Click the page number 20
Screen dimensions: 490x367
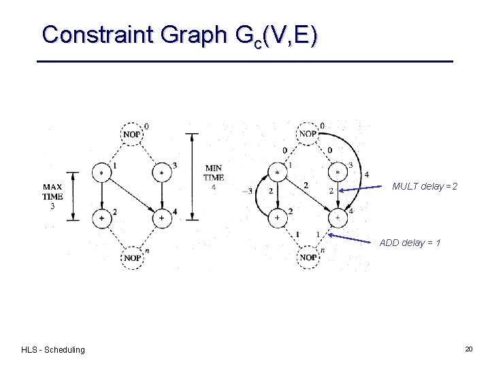point(468,349)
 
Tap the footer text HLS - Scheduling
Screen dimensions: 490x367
point(53,350)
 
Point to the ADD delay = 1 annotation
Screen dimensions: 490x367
point(410,243)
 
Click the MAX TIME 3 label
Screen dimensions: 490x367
point(52,196)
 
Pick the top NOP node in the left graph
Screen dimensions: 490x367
point(133,134)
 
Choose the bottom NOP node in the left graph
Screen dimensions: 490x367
point(133,258)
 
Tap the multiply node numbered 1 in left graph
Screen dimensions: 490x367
point(102,173)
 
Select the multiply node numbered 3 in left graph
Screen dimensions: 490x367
point(162,173)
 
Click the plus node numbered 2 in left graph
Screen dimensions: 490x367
point(102,218)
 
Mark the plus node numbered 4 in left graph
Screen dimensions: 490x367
point(162,218)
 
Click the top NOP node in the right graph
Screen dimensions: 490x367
point(308,134)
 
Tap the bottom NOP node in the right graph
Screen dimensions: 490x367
point(308,258)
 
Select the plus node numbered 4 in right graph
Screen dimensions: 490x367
point(338,218)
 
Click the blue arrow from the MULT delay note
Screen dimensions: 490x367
point(365,189)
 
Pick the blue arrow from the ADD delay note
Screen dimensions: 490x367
point(354,238)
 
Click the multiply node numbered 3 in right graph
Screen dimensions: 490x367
point(338,173)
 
